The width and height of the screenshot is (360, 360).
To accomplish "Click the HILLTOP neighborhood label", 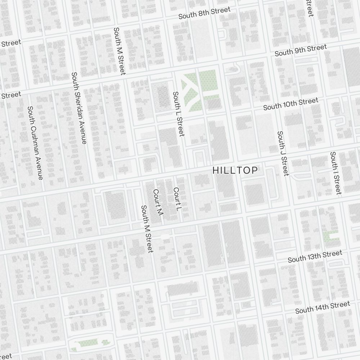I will (x=235, y=170).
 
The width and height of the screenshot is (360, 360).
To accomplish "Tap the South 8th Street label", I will (x=204, y=13).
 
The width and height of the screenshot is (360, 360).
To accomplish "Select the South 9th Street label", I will (x=301, y=50).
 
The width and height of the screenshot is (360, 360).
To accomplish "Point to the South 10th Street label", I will (x=291, y=104).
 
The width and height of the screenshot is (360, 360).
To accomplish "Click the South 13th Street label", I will (x=315, y=257).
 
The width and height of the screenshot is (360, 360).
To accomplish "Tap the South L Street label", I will (x=179, y=114).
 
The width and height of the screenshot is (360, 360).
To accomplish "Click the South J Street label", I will (x=283, y=153).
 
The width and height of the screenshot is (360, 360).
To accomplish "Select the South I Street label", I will (x=336, y=173).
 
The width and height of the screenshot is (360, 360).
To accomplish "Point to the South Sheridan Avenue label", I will (x=79, y=108).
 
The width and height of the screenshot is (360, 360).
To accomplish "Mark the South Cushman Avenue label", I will (x=35, y=143).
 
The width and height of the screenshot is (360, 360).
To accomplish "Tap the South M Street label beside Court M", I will (x=147, y=229).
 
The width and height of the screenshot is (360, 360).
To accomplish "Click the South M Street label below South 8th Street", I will (x=119, y=51).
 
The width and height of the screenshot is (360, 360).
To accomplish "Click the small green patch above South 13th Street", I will (x=330, y=237).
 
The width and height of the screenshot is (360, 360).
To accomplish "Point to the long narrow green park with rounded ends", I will (x=90, y=345).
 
